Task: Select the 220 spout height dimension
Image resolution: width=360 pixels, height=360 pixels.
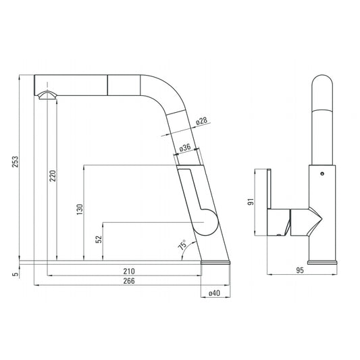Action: click(x=52, y=176)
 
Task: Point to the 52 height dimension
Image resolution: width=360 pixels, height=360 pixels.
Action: click(x=99, y=239)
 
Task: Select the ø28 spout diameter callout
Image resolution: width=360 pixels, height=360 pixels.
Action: click(x=201, y=121)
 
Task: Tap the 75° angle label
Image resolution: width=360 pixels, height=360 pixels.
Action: click(x=182, y=247)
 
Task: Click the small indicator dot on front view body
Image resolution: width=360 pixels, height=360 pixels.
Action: click(x=321, y=174)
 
